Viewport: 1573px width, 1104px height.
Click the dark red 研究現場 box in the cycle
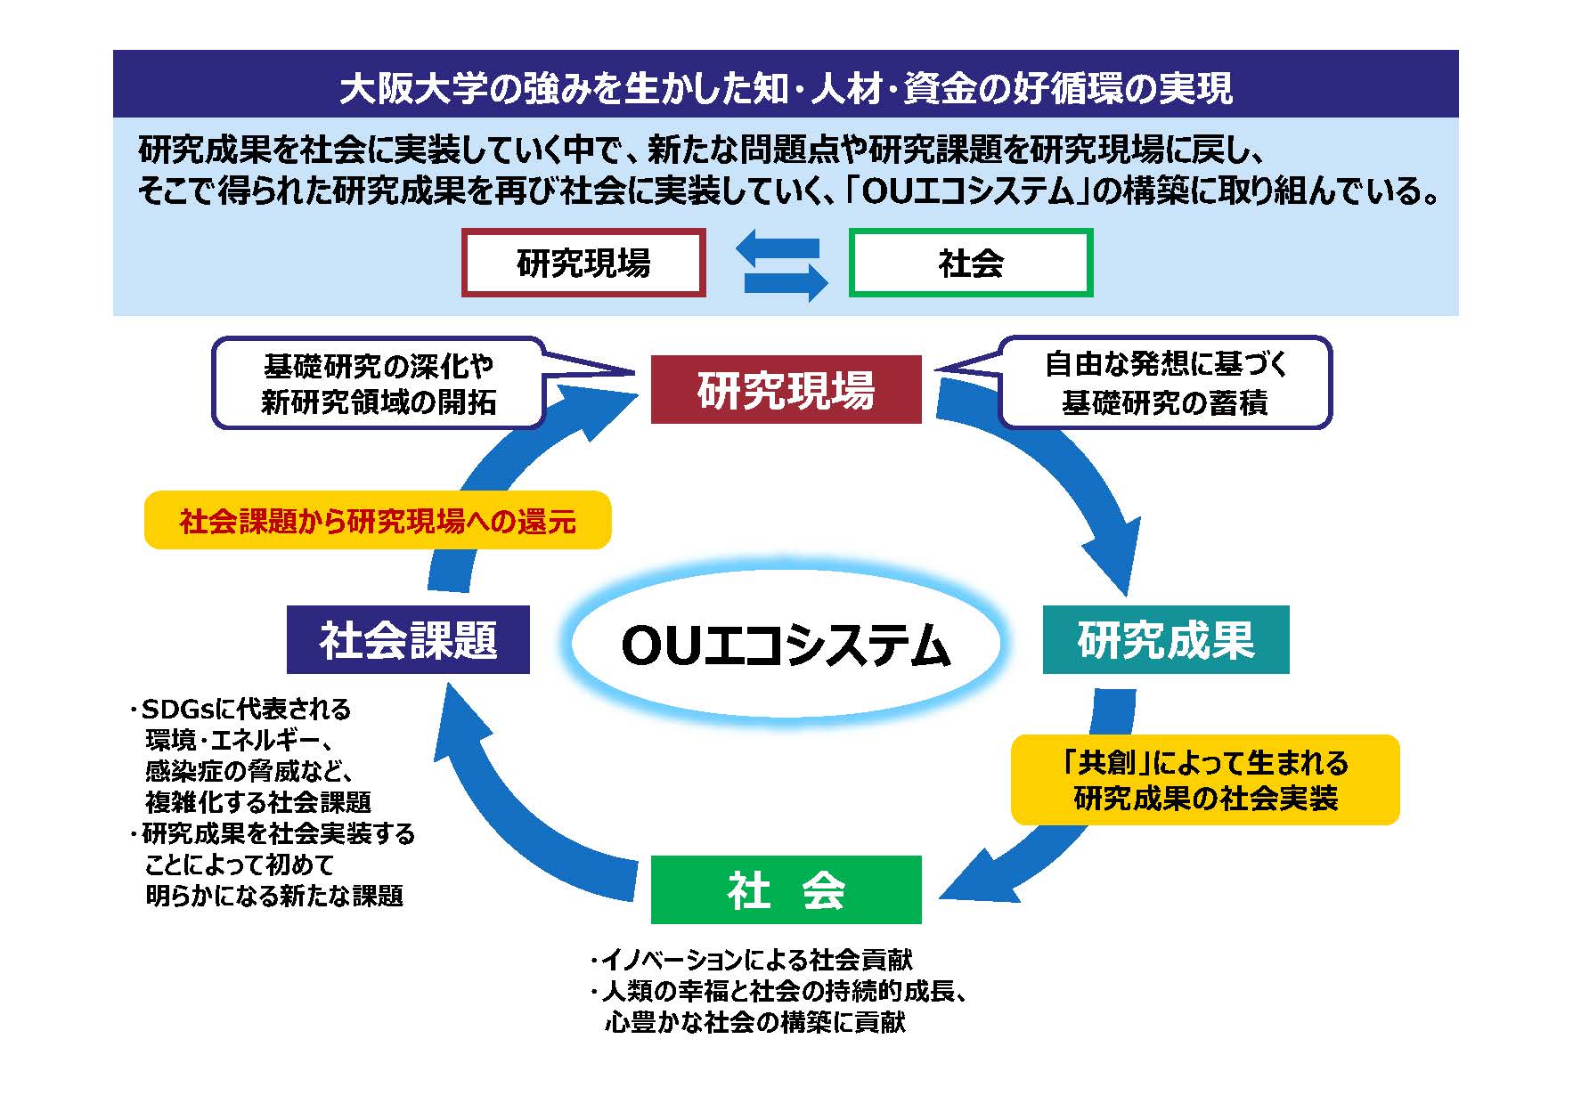pyautogui.click(x=786, y=389)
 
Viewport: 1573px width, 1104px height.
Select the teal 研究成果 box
pyautogui.click(x=1165, y=639)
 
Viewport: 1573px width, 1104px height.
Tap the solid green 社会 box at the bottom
pyautogui.click(x=786, y=889)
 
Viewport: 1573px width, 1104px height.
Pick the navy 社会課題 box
pyautogui.click(x=408, y=639)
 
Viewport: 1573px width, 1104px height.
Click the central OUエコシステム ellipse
pyautogui.click(x=785, y=645)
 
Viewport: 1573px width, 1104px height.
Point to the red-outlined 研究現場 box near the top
pyautogui.click(x=583, y=263)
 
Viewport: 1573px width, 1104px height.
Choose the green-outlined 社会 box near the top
pyautogui.click(x=970, y=263)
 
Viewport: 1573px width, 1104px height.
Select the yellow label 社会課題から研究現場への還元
pyautogui.click(x=378, y=521)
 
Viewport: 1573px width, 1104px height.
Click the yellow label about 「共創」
pyautogui.click(x=1204, y=780)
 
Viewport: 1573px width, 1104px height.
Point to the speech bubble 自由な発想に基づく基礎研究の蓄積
pyautogui.click(x=1164, y=383)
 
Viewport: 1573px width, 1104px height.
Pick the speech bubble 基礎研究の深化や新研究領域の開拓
pyautogui.click(x=379, y=383)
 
